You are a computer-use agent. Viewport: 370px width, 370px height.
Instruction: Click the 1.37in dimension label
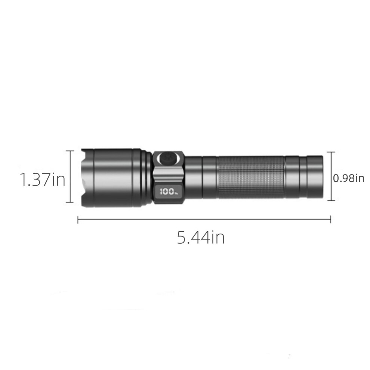43,179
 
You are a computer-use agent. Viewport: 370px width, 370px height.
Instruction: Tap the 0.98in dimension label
349,178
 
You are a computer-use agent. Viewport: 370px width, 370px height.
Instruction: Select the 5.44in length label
201,237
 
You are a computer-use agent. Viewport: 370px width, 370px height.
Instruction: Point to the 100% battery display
168,191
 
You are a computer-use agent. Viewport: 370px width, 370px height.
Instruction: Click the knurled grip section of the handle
251,177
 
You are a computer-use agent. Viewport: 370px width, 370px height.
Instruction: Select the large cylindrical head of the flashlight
113,178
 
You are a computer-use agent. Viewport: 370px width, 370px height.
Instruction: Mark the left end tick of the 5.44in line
78,219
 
